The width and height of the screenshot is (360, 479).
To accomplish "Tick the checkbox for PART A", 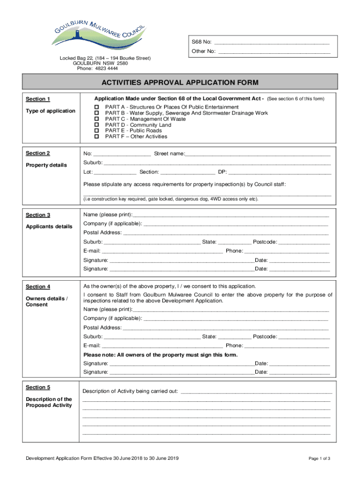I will click(97, 107).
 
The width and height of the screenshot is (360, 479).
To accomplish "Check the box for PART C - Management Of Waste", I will click(97, 119).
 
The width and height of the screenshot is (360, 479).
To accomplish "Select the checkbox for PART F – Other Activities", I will click(97, 137).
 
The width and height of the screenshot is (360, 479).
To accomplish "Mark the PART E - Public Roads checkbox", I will click(97, 131).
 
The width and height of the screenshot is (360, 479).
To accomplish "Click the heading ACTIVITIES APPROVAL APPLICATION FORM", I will click(180, 83).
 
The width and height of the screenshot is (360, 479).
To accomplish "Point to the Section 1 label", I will click(38, 99).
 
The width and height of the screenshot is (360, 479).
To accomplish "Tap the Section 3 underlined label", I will click(38, 215).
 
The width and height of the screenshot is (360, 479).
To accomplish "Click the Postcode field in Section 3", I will click(304, 242).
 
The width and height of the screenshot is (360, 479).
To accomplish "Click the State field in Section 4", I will click(234, 336).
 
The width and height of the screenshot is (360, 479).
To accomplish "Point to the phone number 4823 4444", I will click(107, 68).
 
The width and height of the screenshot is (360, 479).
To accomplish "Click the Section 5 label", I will click(38, 387).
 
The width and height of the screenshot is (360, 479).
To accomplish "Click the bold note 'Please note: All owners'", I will click(160, 355).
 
